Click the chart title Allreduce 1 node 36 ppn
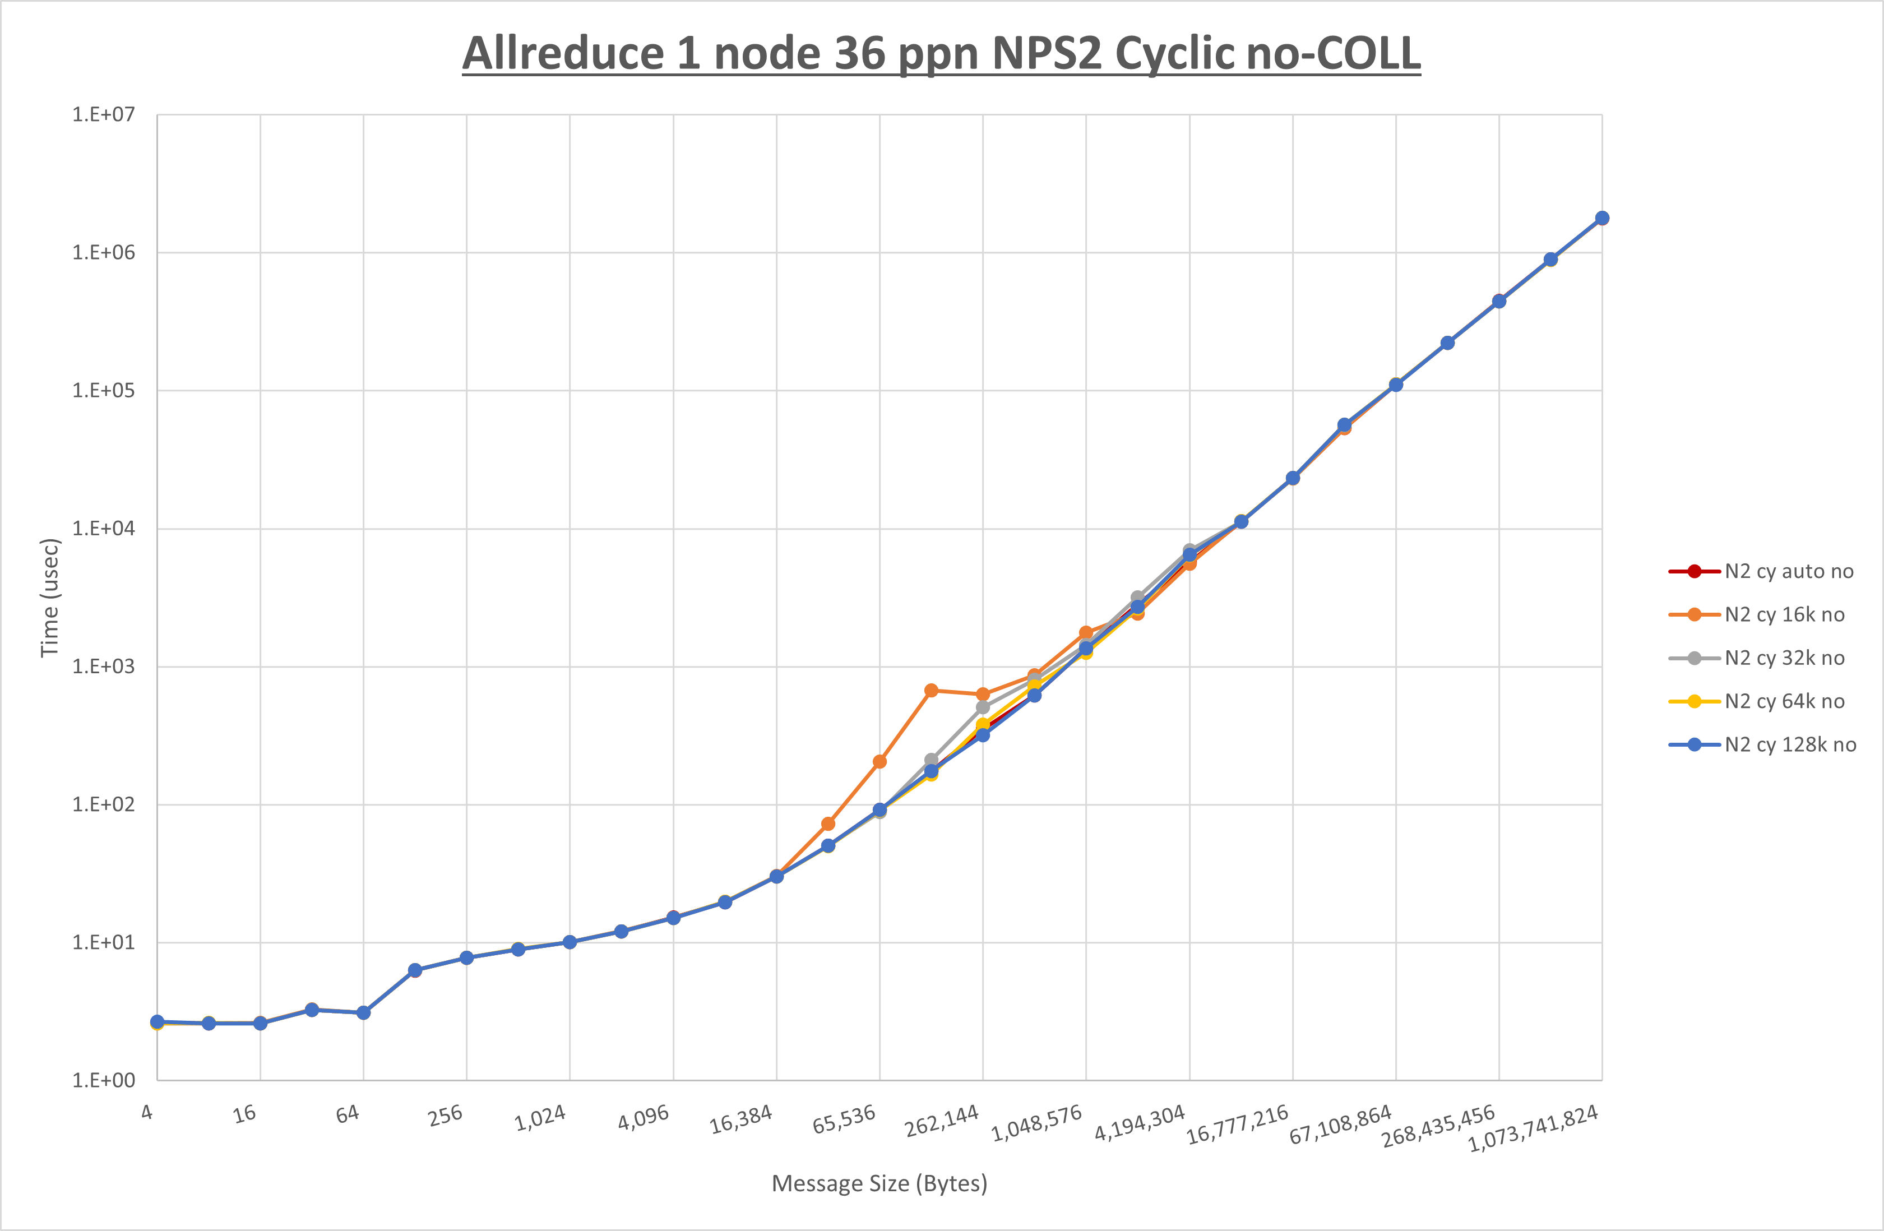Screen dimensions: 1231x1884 [x=941, y=54]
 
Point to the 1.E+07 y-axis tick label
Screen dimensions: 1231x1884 [x=104, y=115]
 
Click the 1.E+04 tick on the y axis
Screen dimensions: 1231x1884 [x=104, y=528]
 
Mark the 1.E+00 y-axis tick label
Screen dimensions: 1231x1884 [x=104, y=1081]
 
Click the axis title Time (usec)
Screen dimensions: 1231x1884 [x=50, y=598]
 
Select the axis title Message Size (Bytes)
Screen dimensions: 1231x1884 [x=879, y=1183]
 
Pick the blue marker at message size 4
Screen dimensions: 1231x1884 [x=158, y=1022]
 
